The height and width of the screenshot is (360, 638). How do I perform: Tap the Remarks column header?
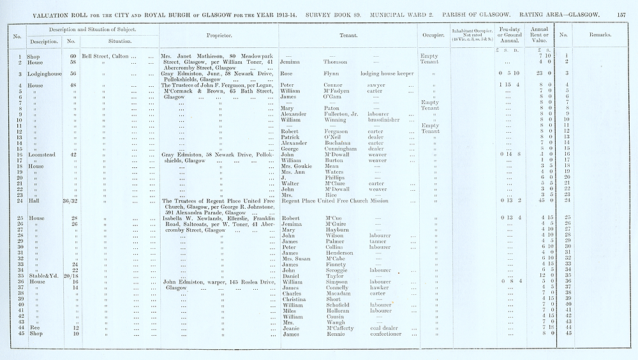(600, 36)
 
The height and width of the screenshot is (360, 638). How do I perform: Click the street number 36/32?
(70, 201)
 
